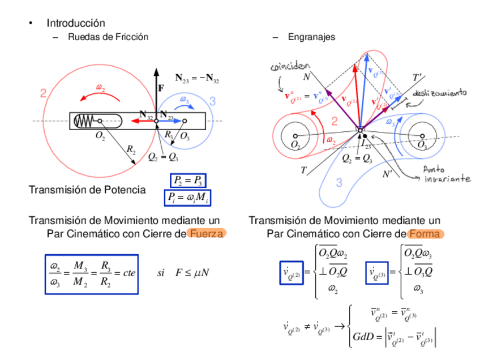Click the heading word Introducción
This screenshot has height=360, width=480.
(76, 23)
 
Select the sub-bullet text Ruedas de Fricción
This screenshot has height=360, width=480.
(108, 37)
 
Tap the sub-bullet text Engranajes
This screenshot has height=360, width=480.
(311, 37)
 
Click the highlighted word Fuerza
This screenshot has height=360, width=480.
(206, 234)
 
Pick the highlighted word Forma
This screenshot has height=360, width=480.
(426, 234)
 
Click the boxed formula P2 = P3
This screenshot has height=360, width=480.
(188, 181)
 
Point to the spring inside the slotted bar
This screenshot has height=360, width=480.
(85, 121)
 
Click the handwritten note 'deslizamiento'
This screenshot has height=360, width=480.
(439, 93)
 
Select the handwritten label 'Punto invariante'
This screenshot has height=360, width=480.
(446, 174)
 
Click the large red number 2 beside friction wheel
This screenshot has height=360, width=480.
(43, 93)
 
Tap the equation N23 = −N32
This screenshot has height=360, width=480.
(196, 79)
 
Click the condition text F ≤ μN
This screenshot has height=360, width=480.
(192, 273)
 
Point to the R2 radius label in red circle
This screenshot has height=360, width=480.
(131, 149)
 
